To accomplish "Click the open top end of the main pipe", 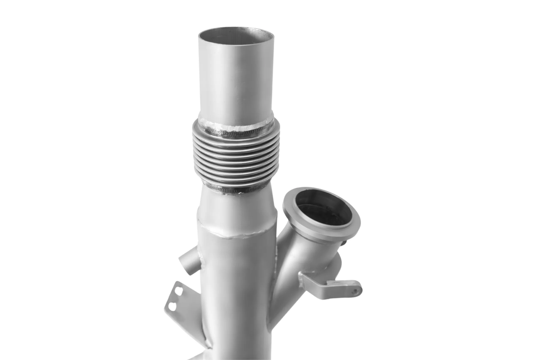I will (x=236, y=35).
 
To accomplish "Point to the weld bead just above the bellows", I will (x=236, y=125).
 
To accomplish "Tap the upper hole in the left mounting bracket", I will (x=178, y=291).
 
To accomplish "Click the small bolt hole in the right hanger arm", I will (x=354, y=291).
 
